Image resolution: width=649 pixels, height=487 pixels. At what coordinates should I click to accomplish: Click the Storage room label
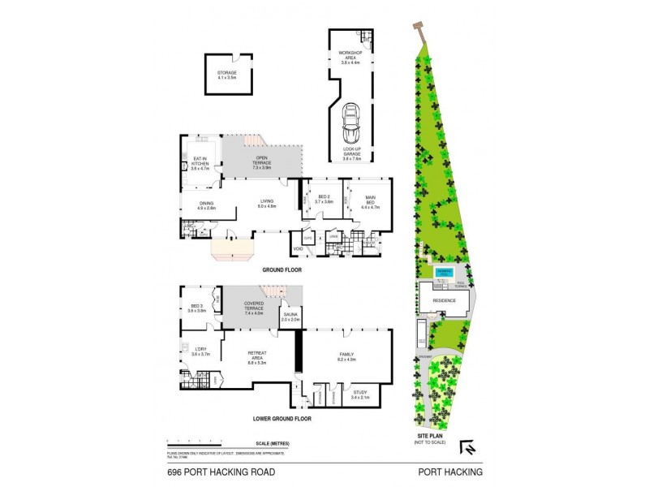(x=226, y=75)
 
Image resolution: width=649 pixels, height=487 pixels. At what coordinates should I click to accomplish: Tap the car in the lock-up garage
(x=350, y=122)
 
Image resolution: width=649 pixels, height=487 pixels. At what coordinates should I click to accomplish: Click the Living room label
(x=267, y=204)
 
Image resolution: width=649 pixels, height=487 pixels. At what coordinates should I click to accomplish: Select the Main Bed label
(x=369, y=200)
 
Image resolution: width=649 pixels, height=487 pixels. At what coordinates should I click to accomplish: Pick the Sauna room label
(x=290, y=317)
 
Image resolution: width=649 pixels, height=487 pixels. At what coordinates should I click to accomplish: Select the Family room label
(x=346, y=357)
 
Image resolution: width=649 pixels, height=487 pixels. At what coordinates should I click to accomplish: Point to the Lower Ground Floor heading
(x=282, y=419)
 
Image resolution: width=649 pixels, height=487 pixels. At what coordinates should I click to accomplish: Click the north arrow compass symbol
(x=467, y=446)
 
